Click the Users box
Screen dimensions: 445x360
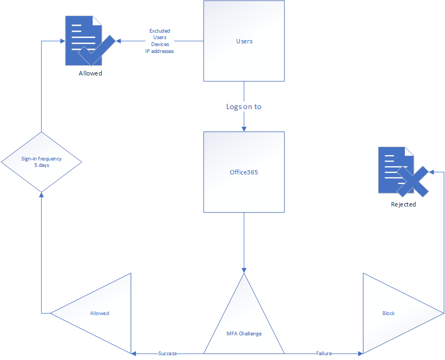tap(244, 41)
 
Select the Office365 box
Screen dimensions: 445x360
tap(244, 172)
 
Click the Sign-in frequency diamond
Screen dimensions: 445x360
tap(41, 162)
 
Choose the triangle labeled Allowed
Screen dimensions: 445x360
tap(99, 313)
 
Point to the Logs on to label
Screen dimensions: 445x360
tap(244, 106)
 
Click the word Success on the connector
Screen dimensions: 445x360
tap(168, 354)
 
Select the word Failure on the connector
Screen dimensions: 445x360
tap(324, 354)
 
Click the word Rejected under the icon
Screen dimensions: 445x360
tap(403, 204)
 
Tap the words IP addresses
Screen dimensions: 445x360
tap(160, 51)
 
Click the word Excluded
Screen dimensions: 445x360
tap(160, 31)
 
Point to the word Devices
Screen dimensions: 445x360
tap(160, 44)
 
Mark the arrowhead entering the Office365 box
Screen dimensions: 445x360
tap(244, 129)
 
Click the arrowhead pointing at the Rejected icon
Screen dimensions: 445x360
tap(432, 172)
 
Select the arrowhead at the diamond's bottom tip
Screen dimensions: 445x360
tap(41, 195)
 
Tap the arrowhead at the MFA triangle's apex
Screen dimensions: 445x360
tap(244, 271)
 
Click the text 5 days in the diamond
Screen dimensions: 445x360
tap(42, 165)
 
